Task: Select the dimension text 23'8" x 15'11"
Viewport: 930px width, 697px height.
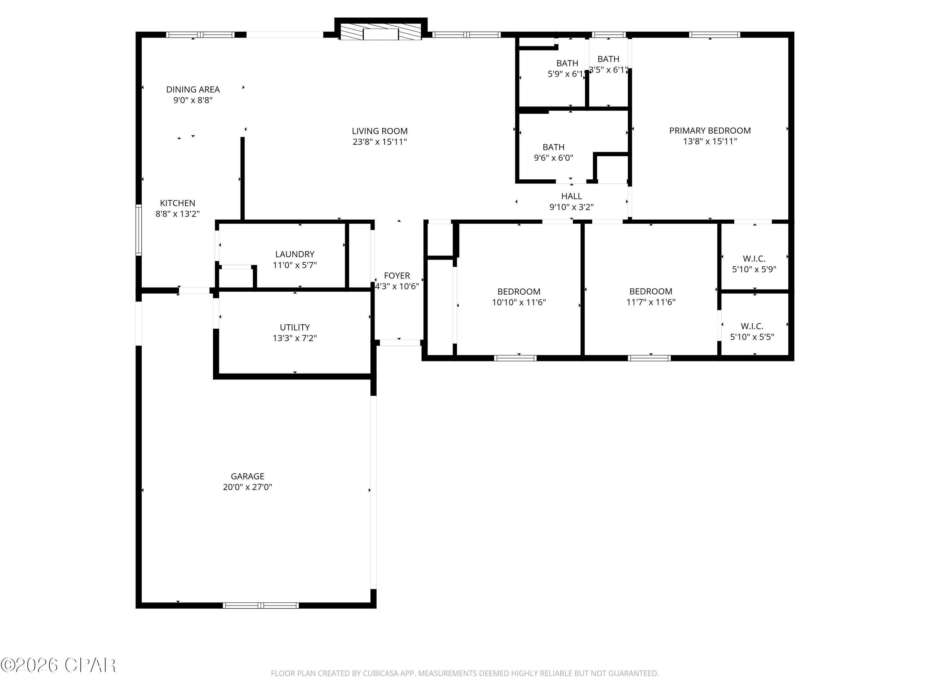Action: click(380, 142)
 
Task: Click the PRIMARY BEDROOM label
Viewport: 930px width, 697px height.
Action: click(710, 131)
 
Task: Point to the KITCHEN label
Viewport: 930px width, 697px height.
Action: click(177, 203)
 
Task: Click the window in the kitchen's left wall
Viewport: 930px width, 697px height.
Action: click(138, 230)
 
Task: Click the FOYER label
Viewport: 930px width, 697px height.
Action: click(397, 276)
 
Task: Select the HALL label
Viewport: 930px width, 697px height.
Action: click(571, 196)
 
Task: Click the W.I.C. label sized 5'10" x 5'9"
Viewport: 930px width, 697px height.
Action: click(754, 259)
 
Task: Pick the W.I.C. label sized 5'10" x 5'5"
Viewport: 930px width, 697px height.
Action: click(752, 326)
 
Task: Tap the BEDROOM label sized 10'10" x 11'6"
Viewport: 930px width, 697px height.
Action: click(519, 292)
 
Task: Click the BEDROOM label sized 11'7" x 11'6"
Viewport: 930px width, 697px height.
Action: click(650, 291)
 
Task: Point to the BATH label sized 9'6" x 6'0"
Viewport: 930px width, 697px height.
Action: click(553, 147)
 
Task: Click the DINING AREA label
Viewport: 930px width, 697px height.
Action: click(193, 90)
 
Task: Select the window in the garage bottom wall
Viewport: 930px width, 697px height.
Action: click(261, 605)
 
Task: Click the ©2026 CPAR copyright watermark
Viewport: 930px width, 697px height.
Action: click(58, 665)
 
